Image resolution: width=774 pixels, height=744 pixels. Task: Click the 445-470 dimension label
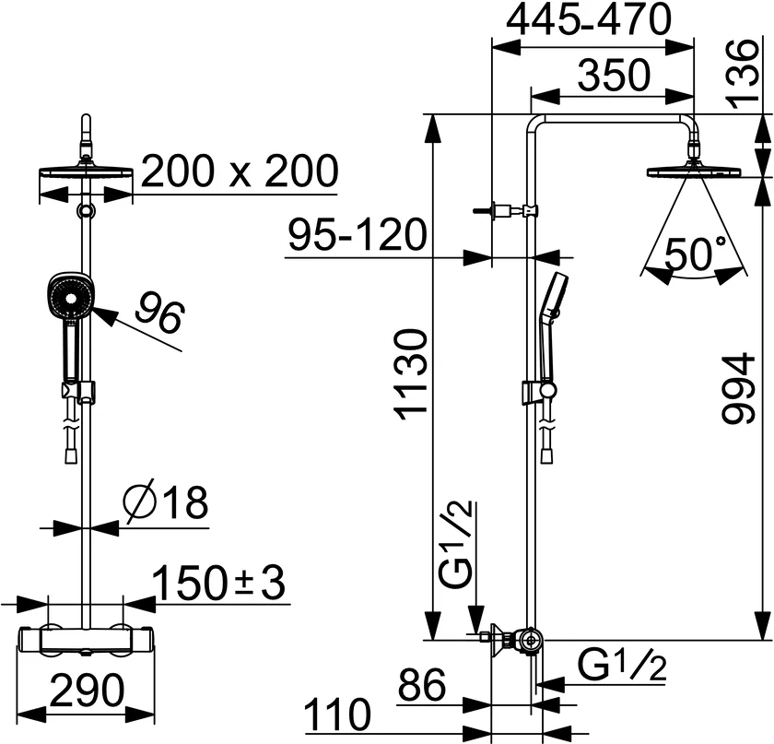pyautogui.click(x=590, y=19)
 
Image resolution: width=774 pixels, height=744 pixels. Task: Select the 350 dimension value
pyautogui.click(x=614, y=76)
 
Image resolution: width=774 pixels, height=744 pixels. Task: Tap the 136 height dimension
pyautogui.click(x=742, y=72)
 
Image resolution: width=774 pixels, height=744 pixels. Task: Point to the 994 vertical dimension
pyautogui.click(x=739, y=388)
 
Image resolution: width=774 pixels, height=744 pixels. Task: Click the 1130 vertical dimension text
pyautogui.click(x=414, y=375)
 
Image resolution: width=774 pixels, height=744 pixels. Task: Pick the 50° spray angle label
pyautogui.click(x=696, y=253)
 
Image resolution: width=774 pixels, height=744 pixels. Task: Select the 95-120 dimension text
pyautogui.click(x=358, y=235)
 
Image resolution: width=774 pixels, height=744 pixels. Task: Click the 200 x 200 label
pyautogui.click(x=240, y=171)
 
